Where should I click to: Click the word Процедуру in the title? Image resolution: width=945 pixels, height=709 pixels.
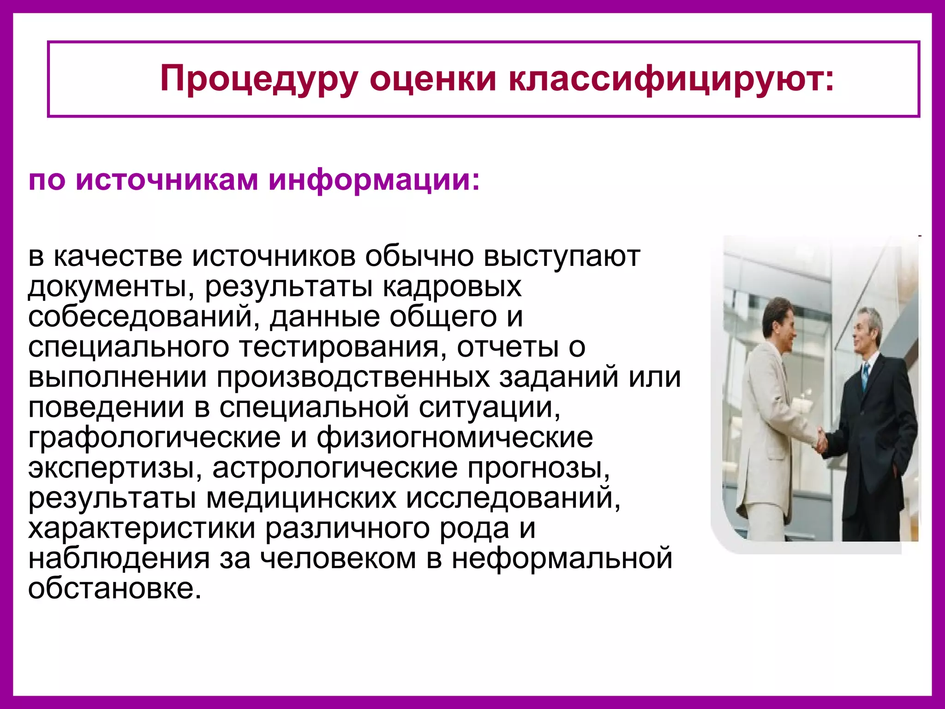(x=259, y=79)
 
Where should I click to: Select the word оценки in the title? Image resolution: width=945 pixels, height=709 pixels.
(x=433, y=79)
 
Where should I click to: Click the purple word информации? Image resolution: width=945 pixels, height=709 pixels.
(x=374, y=180)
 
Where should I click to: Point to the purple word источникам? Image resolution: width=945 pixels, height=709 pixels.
(x=167, y=180)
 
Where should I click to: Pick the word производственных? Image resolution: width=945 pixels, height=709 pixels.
(x=353, y=377)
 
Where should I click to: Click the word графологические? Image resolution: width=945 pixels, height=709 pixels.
(x=154, y=438)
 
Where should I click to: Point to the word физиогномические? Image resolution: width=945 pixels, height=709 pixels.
(x=455, y=438)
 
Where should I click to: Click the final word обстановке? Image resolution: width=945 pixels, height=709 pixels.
(x=115, y=589)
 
